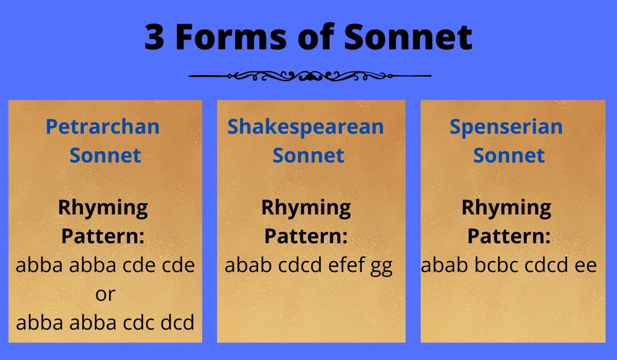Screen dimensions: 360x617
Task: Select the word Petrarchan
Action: (103, 127)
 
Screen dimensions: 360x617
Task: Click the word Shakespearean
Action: (306, 127)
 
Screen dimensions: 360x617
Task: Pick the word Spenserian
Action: (506, 127)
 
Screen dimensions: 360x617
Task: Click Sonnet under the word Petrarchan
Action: (105, 155)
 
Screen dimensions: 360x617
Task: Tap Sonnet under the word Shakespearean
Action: (308, 155)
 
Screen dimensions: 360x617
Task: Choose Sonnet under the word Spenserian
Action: (509, 155)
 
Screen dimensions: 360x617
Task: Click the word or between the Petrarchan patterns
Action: (105, 294)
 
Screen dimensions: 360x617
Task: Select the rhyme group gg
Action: (381, 266)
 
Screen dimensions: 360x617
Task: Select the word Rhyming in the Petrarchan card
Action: (103, 208)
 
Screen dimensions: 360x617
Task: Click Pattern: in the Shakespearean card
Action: (306, 237)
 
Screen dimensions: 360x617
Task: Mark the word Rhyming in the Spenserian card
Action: (506, 208)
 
